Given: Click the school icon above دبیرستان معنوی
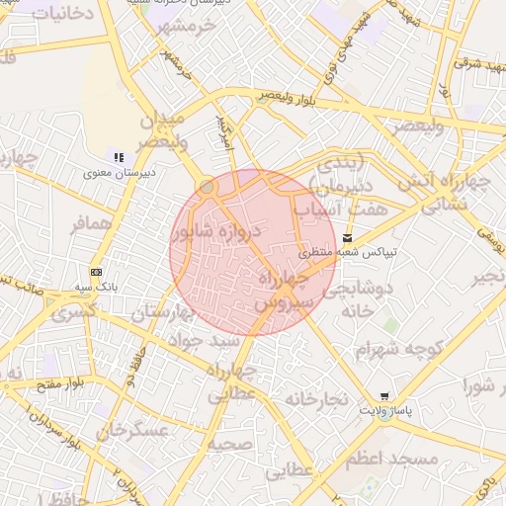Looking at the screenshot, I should (119, 157).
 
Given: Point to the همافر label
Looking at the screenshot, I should (95, 224).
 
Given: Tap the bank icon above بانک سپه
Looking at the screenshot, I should (96, 272).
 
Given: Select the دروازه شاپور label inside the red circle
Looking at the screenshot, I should (214, 233).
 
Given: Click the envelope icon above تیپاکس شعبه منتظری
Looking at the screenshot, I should (347, 237).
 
